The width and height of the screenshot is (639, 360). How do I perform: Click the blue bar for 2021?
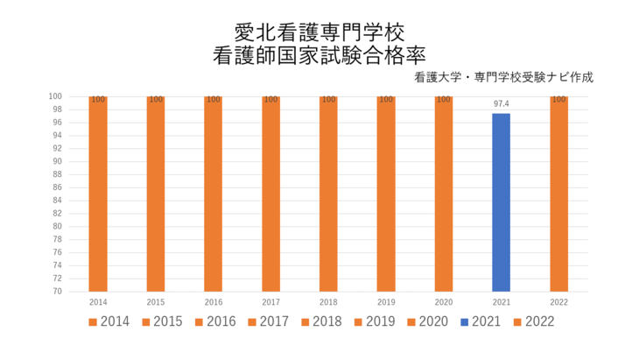[501, 202]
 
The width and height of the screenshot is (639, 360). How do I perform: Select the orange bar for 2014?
[98, 194]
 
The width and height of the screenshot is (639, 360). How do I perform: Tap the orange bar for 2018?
[328, 194]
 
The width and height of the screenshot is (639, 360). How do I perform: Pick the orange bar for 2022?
[558, 194]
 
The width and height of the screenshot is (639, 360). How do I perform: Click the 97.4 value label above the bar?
[501, 103]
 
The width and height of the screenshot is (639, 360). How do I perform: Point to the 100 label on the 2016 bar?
[213, 100]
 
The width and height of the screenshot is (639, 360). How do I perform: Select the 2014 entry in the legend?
[109, 321]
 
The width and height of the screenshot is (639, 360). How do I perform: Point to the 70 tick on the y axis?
[55, 291]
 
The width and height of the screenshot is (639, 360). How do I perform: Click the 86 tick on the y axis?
[55, 187]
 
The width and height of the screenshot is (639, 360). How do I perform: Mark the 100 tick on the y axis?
[54, 96]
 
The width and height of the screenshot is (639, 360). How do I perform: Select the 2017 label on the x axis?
[270, 300]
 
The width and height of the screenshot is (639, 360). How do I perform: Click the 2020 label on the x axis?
[443, 300]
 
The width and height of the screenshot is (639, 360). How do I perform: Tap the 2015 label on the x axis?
[155, 300]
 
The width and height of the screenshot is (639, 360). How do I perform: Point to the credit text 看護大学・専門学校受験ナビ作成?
[504, 77]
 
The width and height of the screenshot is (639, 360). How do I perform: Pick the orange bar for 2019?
[386, 194]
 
